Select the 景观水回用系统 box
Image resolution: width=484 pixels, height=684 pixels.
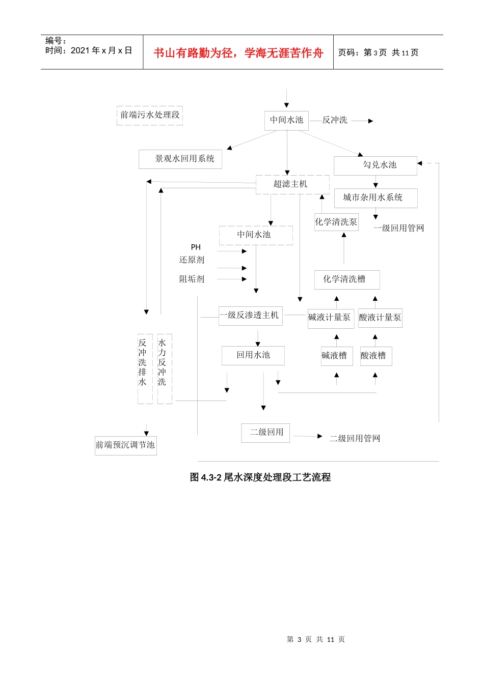180,159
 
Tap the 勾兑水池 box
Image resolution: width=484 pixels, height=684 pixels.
375,165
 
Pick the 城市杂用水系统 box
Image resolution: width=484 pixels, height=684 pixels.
375,197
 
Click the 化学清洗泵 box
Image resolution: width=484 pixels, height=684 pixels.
336,222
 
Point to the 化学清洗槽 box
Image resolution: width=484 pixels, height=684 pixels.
347,279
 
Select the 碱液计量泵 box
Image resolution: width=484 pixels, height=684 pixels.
331,318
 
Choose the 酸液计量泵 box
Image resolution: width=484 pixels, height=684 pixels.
380,318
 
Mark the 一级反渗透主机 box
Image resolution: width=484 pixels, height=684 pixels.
250,316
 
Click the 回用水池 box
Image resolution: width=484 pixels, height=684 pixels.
253,355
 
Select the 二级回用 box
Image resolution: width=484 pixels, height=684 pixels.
265,433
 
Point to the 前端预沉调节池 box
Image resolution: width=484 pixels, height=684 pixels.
125,445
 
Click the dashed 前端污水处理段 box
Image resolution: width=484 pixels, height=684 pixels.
150,115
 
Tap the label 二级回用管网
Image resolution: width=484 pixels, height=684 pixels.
355,439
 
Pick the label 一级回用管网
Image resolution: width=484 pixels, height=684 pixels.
399,229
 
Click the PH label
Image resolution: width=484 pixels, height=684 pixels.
196,247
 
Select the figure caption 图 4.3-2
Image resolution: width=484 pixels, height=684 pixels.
260,477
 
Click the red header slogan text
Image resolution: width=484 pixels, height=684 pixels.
238,53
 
